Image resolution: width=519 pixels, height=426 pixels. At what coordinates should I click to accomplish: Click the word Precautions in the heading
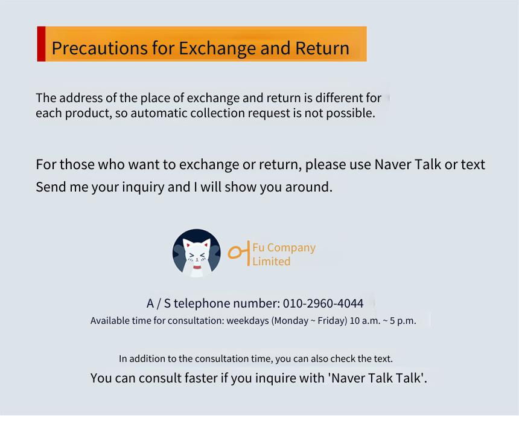(x=100, y=48)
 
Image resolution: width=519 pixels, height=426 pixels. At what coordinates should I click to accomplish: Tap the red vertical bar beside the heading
(x=41, y=44)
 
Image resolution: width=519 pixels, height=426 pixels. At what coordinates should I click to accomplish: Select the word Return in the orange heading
(x=322, y=48)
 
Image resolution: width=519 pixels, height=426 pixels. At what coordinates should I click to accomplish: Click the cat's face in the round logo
(x=197, y=254)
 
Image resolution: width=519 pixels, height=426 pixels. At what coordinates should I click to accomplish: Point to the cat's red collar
(x=197, y=267)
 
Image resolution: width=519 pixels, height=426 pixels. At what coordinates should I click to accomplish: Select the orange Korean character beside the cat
(x=238, y=253)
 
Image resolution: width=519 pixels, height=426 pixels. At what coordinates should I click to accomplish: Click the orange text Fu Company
(x=284, y=248)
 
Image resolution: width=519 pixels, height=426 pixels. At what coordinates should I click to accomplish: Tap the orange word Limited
(x=271, y=261)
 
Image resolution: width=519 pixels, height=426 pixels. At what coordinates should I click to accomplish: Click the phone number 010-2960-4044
(x=323, y=303)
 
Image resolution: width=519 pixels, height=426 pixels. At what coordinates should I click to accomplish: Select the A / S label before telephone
(x=159, y=303)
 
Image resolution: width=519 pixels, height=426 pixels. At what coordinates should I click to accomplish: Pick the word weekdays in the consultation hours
(x=247, y=321)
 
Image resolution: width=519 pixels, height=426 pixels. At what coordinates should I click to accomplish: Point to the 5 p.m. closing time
(x=403, y=321)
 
